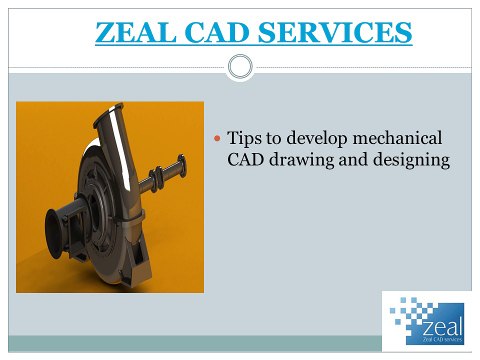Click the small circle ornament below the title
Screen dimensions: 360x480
click(x=240, y=67)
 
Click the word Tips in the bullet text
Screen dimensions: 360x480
click(x=245, y=136)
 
